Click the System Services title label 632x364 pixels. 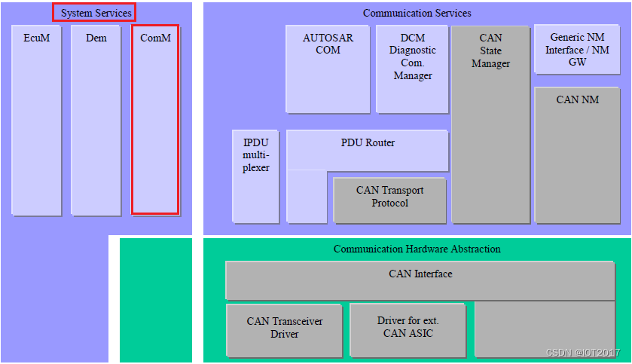pyautogui.click(x=95, y=13)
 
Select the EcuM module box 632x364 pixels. pyautogui.click(x=36, y=121)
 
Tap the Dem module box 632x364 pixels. pyautogui.click(x=96, y=121)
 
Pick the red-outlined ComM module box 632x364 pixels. pyautogui.click(x=155, y=121)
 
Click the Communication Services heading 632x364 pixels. pyautogui.click(x=417, y=13)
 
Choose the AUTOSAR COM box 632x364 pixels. pyautogui.click(x=327, y=68)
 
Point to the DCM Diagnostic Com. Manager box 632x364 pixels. pyautogui.click(x=412, y=68)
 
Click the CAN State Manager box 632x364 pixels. pyautogui.click(x=490, y=124)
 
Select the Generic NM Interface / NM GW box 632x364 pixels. pyautogui.click(x=576, y=50)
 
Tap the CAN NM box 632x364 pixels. pyautogui.click(x=577, y=154)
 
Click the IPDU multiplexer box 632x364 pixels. pyautogui.click(x=255, y=176)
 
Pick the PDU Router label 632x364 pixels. pyautogui.click(x=367, y=143)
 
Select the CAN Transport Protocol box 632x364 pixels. pyautogui.click(x=389, y=200)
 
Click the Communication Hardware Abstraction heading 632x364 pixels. pyautogui.click(x=417, y=249)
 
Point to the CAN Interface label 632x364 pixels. pyautogui.click(x=420, y=274)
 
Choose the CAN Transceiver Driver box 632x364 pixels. pyautogui.click(x=284, y=330)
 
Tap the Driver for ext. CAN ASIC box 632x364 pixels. pyautogui.click(x=408, y=330)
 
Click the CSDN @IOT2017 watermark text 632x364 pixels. pyautogui.click(x=582, y=353)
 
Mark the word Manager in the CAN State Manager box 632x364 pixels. pyautogui.click(x=490, y=64)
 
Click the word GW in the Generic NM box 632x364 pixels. pyautogui.click(x=577, y=62)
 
